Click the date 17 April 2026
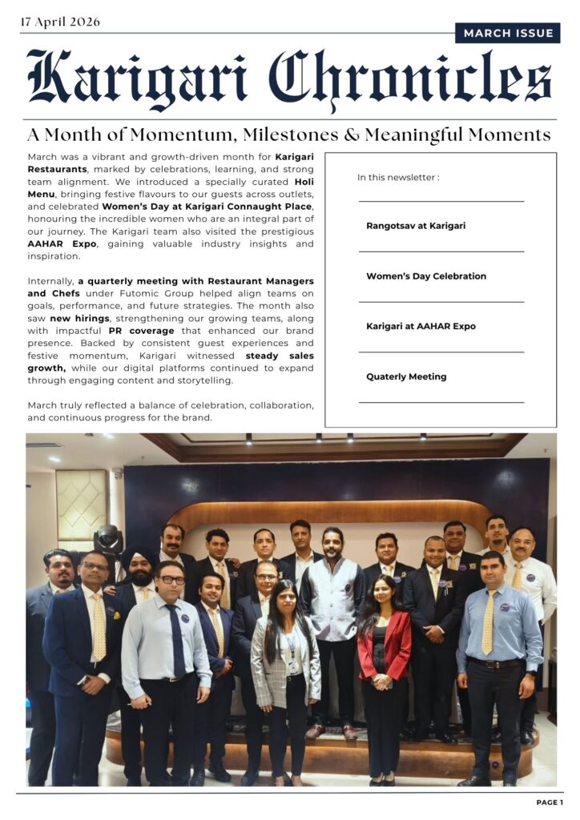pos(60,22)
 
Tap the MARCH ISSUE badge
pos(508,33)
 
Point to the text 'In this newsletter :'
pos(397,177)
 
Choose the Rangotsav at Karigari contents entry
pos(416,226)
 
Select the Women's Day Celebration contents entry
pos(426,276)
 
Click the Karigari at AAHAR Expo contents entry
pos(421,326)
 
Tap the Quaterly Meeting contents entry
pos(406,376)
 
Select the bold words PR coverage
pos(143,330)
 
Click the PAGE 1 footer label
pos(550,802)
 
